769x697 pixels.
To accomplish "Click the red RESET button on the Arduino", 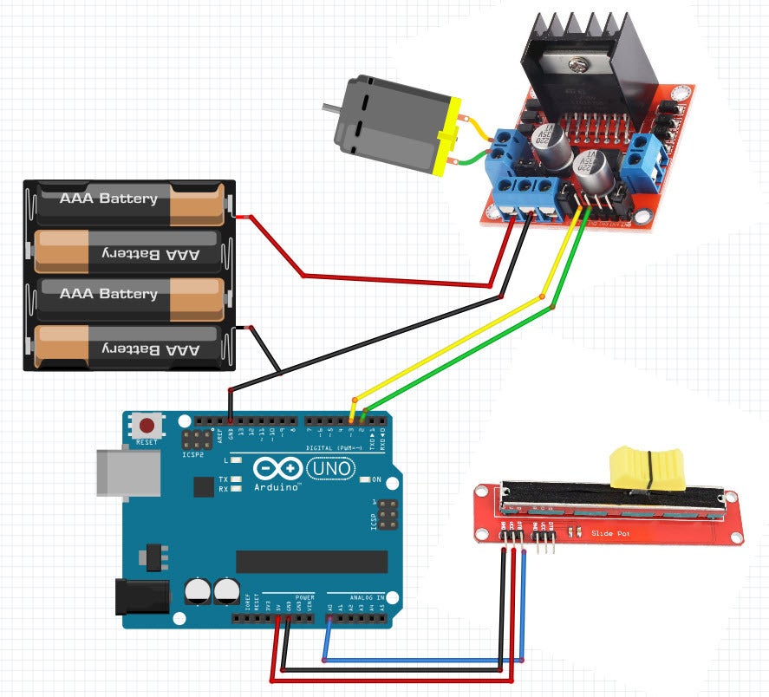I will [x=148, y=427].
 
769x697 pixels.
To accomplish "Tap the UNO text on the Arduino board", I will [x=331, y=469].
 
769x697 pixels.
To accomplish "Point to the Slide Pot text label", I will [x=609, y=532].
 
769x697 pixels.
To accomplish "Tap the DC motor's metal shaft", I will [x=330, y=109].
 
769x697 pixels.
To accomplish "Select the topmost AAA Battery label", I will [x=108, y=199].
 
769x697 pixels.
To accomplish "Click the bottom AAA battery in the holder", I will [x=126, y=348].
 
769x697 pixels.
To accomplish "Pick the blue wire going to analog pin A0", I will [x=425, y=660].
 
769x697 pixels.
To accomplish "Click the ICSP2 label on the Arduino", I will [x=192, y=454].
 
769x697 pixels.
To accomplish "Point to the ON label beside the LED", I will [x=376, y=479].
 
